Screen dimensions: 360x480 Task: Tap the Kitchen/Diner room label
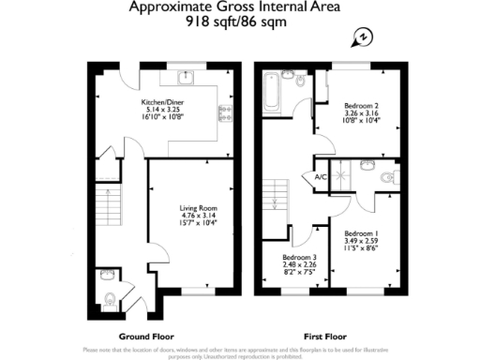tap(159, 101)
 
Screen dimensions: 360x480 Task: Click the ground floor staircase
tap(110, 202)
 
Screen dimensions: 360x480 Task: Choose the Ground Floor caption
tap(143, 336)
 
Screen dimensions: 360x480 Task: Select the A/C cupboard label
tap(321, 176)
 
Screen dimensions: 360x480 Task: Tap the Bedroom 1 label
tap(361, 232)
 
